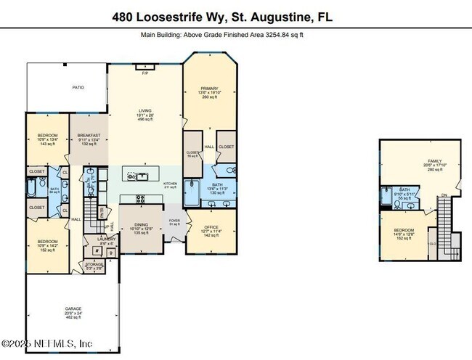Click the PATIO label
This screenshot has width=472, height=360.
tap(77, 87)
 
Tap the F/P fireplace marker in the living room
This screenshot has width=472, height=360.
tap(145, 73)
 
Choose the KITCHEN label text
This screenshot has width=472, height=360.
tap(170, 184)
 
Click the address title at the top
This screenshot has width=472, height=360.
tap(235, 16)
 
